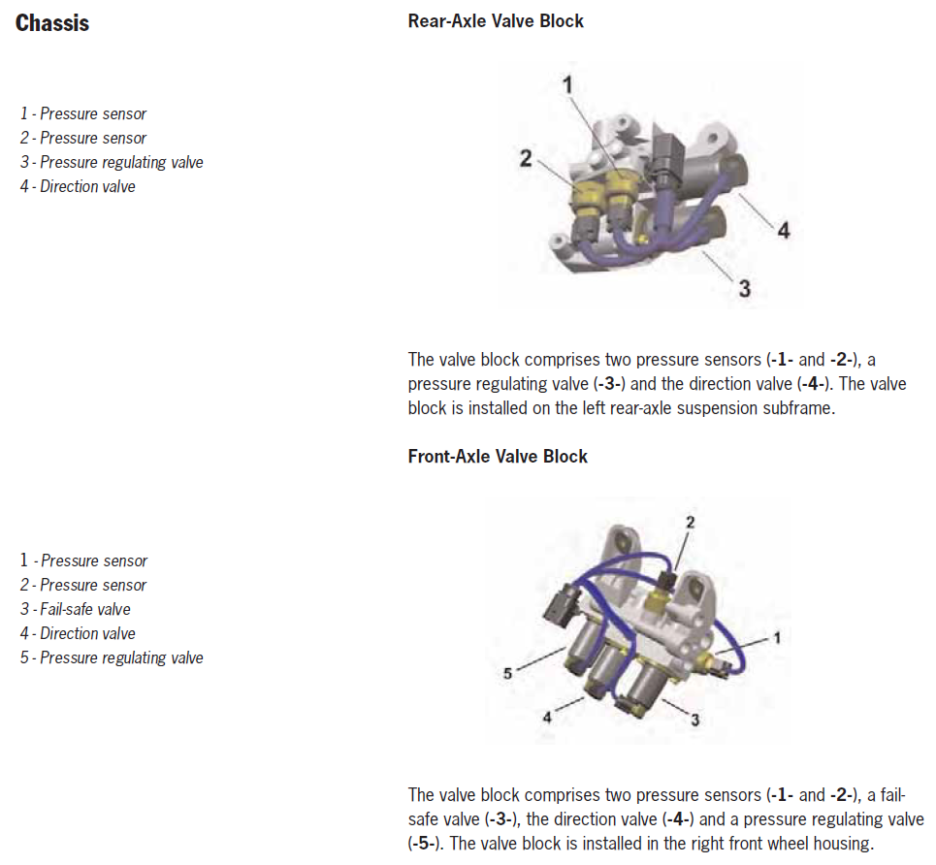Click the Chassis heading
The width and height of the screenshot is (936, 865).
pos(52,23)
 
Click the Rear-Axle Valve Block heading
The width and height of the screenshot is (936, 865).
pos(496,21)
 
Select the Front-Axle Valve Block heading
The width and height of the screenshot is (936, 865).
pos(498,457)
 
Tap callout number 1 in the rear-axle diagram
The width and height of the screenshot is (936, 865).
pos(567,84)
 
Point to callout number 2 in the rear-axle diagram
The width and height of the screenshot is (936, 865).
pos(526,159)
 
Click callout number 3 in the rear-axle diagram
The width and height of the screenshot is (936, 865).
pos(744,288)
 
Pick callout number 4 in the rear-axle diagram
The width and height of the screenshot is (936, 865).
pos(784,230)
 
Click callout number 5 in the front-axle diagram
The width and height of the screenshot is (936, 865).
pos(507,674)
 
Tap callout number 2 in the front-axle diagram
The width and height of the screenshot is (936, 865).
pos(690,523)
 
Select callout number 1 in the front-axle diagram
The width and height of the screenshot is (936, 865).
pos(777,638)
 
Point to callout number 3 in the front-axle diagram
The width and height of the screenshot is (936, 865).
pos(694,720)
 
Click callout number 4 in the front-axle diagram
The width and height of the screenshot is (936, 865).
pos(547,718)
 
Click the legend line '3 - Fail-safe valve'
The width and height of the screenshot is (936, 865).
pos(76,610)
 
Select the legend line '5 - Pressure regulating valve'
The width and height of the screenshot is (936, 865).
pos(112,657)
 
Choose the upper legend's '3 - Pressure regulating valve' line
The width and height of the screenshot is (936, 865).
pos(112,162)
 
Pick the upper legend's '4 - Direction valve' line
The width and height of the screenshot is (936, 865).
pos(78,187)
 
